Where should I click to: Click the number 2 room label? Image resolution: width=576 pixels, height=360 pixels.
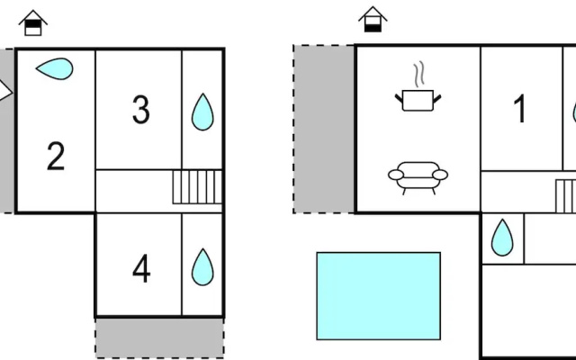click(56, 156)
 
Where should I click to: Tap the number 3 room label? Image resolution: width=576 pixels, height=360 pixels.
click(141, 110)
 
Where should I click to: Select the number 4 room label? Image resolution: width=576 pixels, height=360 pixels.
click(141, 268)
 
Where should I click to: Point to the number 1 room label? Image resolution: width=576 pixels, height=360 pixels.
click(520, 108)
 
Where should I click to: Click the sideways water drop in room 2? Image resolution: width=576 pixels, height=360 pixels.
click(55, 68)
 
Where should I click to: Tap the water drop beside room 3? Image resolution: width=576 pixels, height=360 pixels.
click(202, 112)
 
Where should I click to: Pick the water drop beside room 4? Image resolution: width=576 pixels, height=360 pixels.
click(202, 267)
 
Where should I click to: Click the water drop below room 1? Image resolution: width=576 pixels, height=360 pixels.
click(502, 238)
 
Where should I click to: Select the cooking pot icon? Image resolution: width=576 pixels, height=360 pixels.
click(418, 100)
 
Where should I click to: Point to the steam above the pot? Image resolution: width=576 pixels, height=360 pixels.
click(419, 76)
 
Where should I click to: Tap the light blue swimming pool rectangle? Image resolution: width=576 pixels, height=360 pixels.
click(379, 296)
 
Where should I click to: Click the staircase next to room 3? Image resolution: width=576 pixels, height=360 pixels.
click(197, 186)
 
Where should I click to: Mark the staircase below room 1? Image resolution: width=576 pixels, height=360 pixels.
click(566, 196)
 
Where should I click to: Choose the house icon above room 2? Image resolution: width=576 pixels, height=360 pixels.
click(33, 22)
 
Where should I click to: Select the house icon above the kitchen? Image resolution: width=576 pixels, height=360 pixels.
click(373, 20)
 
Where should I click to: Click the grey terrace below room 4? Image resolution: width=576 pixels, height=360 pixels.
click(160, 338)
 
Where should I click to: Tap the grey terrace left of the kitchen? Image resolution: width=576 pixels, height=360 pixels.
click(324, 129)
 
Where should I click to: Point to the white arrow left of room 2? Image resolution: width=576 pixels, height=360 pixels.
click(5, 91)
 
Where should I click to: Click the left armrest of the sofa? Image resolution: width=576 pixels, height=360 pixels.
click(396, 175)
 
